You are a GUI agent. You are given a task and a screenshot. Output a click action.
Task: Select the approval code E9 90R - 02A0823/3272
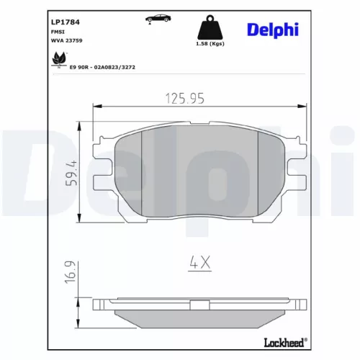[102, 66]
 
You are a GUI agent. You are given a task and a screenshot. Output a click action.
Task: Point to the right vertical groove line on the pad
[258, 173]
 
